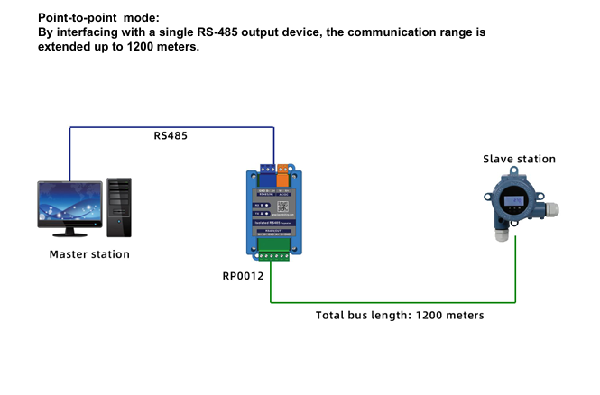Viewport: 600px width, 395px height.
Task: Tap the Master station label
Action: (89, 254)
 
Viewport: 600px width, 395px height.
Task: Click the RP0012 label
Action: (243, 275)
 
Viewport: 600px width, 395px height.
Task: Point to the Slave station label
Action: (519, 159)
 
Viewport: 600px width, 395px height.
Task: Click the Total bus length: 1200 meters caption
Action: (400, 316)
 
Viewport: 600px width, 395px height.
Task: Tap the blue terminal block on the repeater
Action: (269, 166)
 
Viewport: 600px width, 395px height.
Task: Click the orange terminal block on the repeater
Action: (284, 166)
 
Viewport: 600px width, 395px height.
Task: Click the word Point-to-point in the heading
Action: (78, 17)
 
